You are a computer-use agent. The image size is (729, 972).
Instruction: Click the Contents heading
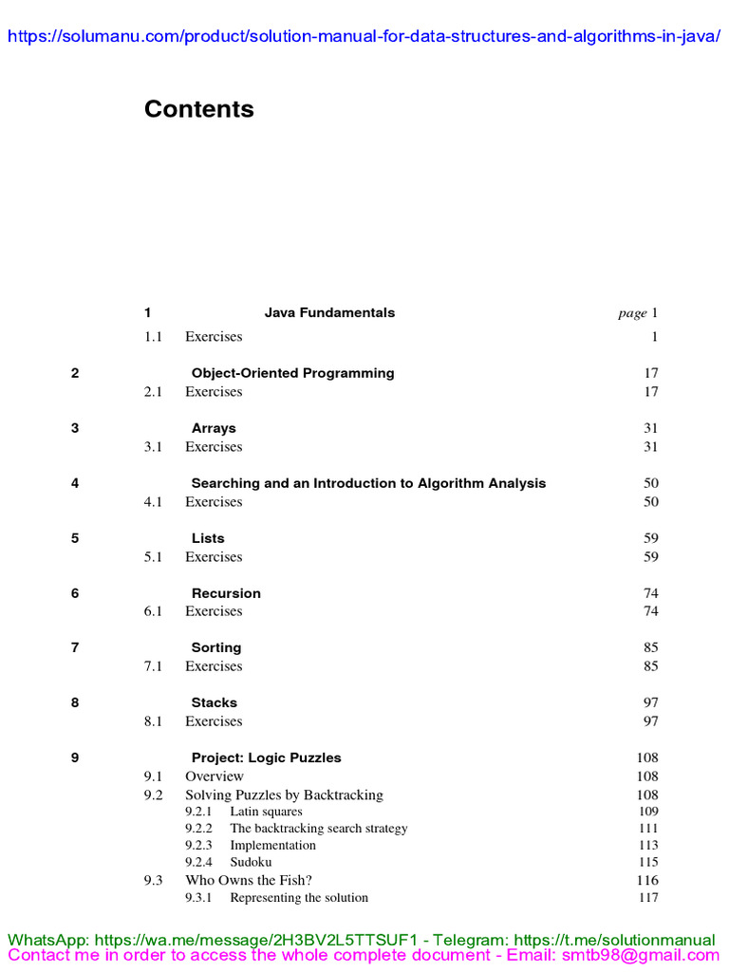198,109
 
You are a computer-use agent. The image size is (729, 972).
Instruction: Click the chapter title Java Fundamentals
329,312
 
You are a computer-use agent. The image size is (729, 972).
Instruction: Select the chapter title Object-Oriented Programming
292,373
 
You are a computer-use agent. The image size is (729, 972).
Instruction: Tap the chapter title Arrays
214,428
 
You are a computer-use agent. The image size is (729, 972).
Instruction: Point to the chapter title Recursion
226,593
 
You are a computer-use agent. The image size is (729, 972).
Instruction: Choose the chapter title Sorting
216,647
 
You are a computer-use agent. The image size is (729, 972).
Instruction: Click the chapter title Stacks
215,702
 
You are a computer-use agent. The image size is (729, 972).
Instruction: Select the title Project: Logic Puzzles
266,757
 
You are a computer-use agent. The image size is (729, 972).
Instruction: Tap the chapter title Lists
208,538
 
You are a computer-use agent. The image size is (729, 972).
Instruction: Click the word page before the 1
632,313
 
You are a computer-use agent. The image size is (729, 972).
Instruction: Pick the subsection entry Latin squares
266,812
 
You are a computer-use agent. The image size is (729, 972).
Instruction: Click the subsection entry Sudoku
251,862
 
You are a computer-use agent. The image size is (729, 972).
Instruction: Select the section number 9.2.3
198,845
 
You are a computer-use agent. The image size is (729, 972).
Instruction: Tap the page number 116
648,880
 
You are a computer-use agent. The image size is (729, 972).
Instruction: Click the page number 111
648,829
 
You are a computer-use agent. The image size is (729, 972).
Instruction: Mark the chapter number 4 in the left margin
75,483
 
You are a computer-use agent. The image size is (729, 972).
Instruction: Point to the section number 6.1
154,611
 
